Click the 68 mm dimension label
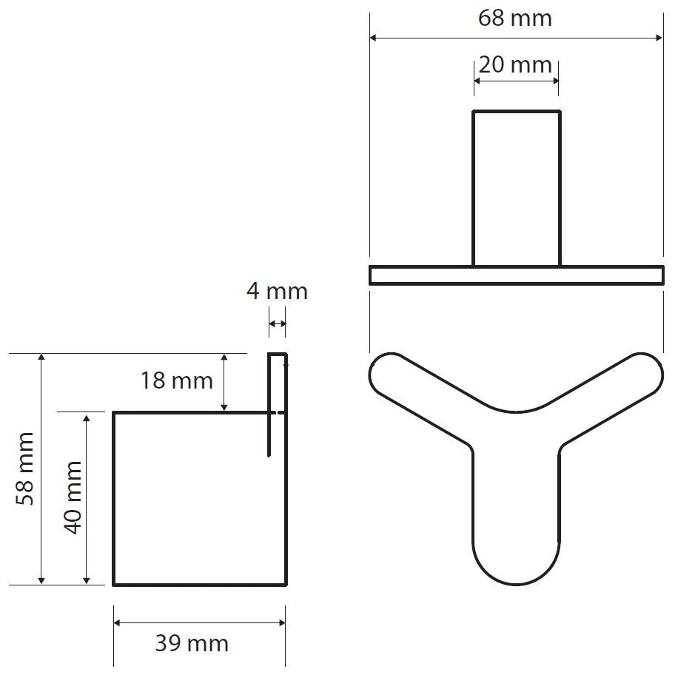click(x=515, y=18)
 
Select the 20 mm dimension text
click(x=515, y=65)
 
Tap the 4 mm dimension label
click(x=277, y=291)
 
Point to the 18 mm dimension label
click(x=176, y=380)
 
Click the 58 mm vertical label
click(x=24, y=469)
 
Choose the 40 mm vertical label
click(x=73, y=497)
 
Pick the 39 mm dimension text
click(x=192, y=644)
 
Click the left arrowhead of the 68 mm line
click(x=373, y=38)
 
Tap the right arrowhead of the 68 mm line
click(x=659, y=38)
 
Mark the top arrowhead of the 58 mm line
click(x=41, y=357)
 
